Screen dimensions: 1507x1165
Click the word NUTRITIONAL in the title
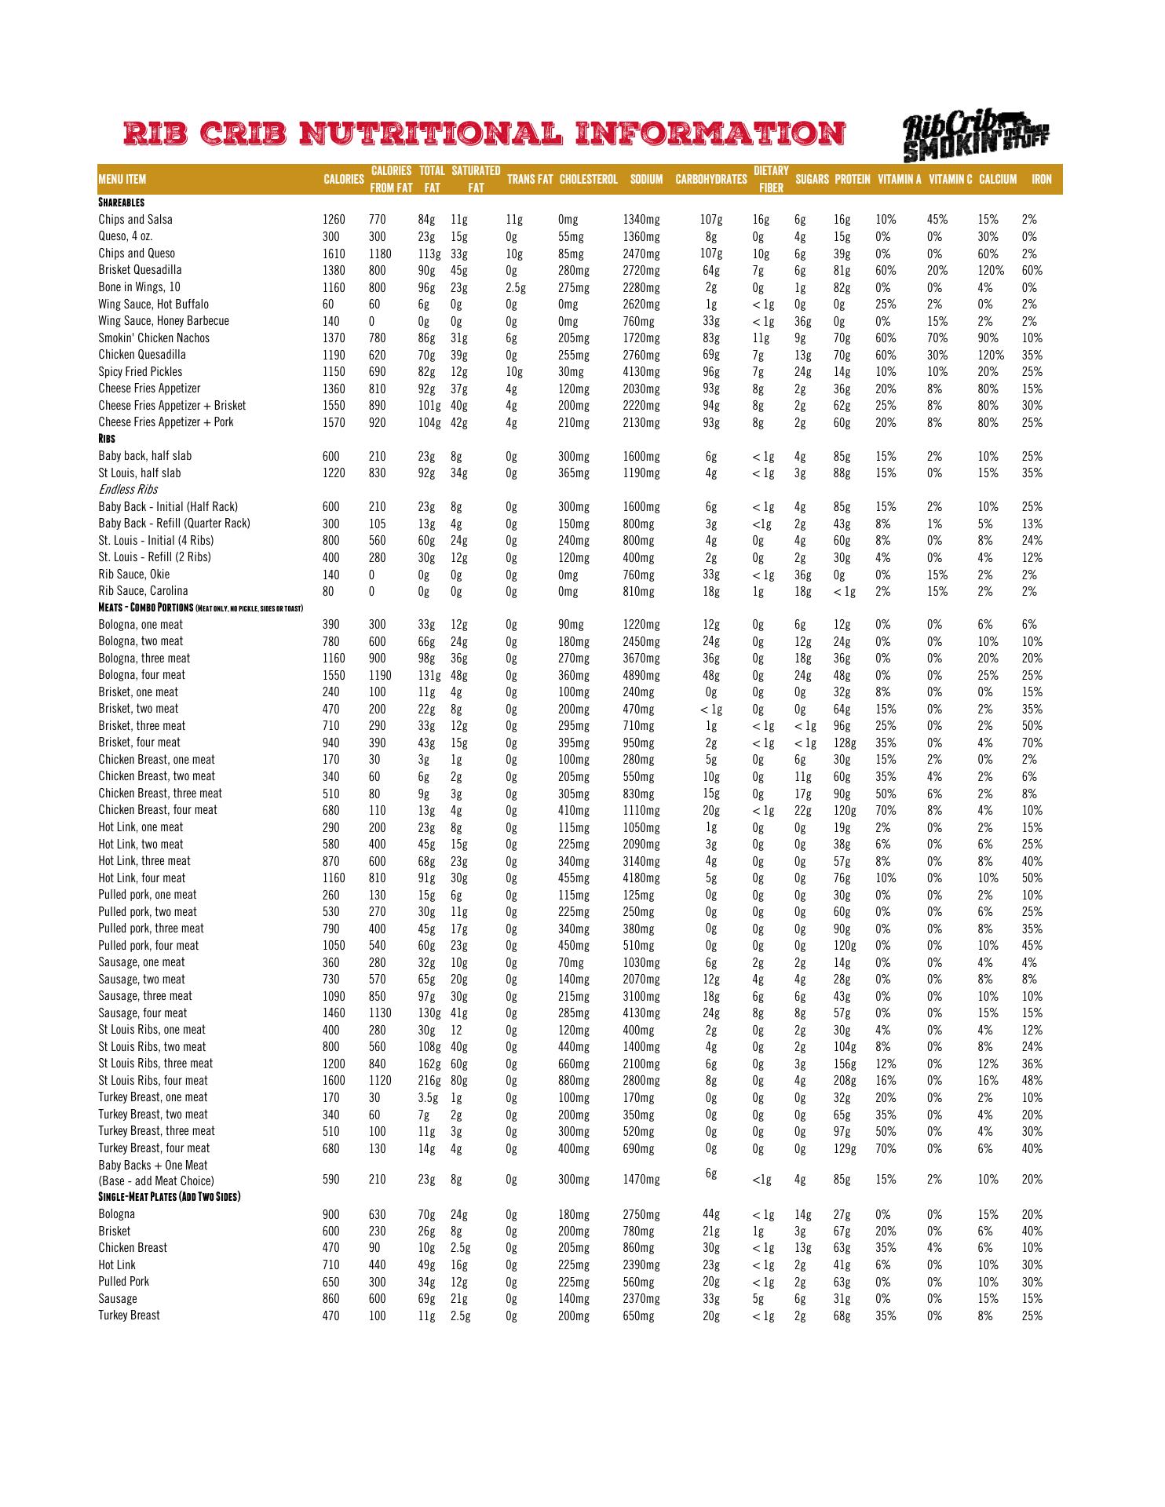[432, 133]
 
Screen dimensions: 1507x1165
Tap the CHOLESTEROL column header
[588, 180]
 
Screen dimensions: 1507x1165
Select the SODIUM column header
[646, 180]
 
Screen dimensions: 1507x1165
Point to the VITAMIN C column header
[950, 180]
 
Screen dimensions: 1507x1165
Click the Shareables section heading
[121, 203]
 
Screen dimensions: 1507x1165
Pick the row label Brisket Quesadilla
[140, 270]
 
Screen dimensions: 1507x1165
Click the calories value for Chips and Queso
[334, 254]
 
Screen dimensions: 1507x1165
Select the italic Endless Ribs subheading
[128, 490]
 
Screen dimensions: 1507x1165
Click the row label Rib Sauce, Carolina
[144, 591]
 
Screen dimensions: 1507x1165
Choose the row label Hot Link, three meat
[144, 861]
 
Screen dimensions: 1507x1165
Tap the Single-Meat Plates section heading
[169, 1197]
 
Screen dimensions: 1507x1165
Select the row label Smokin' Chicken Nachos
[154, 338]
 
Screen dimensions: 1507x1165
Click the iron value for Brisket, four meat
[1032, 743]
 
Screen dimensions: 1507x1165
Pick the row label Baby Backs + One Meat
[153, 1166]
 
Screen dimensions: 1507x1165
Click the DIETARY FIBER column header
[771, 180]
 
